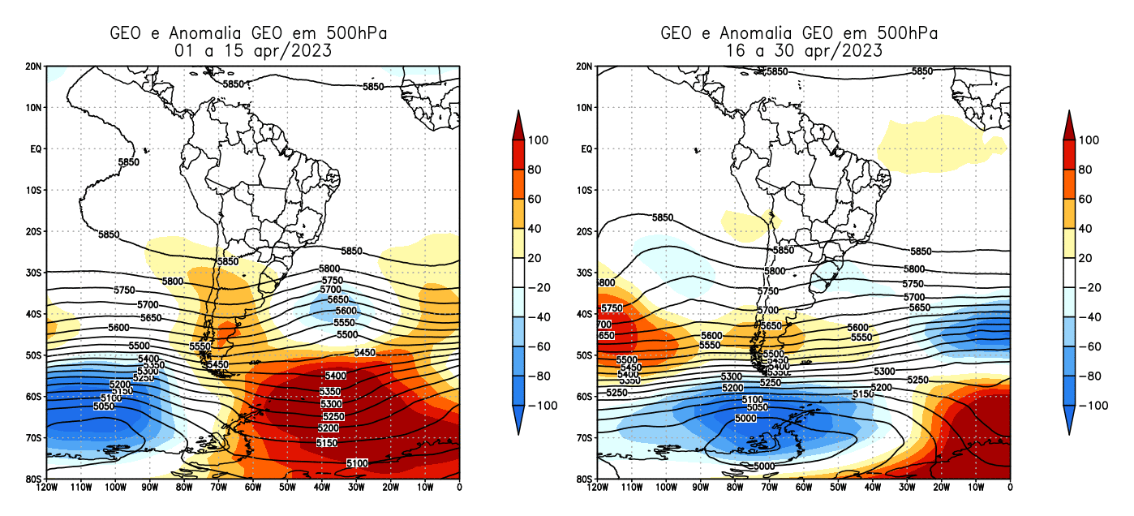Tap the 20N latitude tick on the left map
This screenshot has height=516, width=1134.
33,67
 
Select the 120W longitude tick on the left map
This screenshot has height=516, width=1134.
47,488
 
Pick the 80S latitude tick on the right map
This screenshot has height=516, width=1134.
584,479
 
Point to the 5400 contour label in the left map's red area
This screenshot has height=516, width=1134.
334,376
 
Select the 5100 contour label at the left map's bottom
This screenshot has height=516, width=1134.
357,463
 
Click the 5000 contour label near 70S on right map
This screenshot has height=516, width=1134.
745,418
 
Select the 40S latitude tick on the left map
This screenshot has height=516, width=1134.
33,314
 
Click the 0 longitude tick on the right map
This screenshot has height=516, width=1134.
1010,488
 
